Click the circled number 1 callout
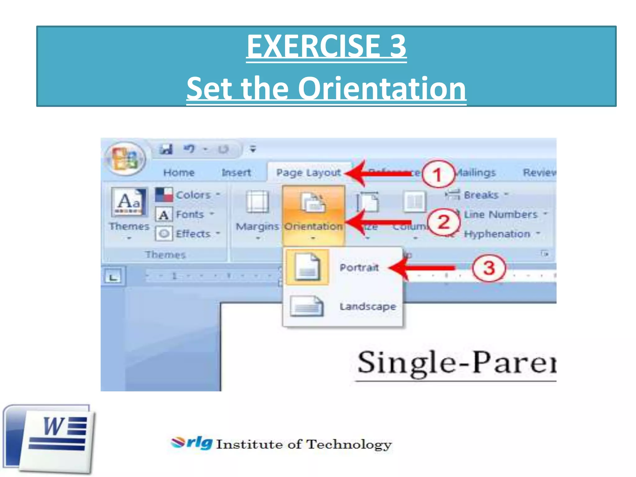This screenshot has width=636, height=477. [437, 174]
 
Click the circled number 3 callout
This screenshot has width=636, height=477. [489, 268]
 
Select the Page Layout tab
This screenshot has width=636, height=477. [308, 173]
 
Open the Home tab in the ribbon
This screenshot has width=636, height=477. [179, 173]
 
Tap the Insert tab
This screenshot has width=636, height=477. [236, 173]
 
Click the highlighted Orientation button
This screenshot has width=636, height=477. [313, 214]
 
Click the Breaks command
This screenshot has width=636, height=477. [480, 195]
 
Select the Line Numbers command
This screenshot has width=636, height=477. [500, 214]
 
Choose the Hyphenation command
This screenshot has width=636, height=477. [497, 234]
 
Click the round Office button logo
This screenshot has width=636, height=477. [125, 159]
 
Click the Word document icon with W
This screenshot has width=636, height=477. [50, 438]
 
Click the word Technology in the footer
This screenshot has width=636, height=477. [349, 444]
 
